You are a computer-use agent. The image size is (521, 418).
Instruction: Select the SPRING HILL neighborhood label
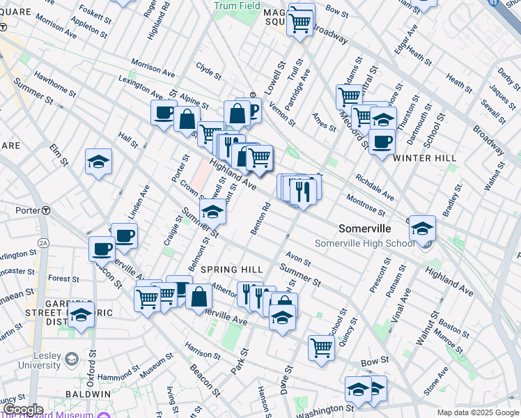[x=232, y=270]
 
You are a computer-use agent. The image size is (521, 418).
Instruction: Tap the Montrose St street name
[x=366, y=206]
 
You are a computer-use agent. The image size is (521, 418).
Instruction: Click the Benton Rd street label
[x=260, y=218]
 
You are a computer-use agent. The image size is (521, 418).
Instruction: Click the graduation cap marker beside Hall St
[x=99, y=162]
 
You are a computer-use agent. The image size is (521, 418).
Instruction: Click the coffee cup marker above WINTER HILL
[x=381, y=142]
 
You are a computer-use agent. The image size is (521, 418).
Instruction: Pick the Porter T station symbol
[x=46, y=210]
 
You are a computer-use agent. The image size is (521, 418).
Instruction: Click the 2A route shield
[x=43, y=242]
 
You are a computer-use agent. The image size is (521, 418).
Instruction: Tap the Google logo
[x=22, y=410]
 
